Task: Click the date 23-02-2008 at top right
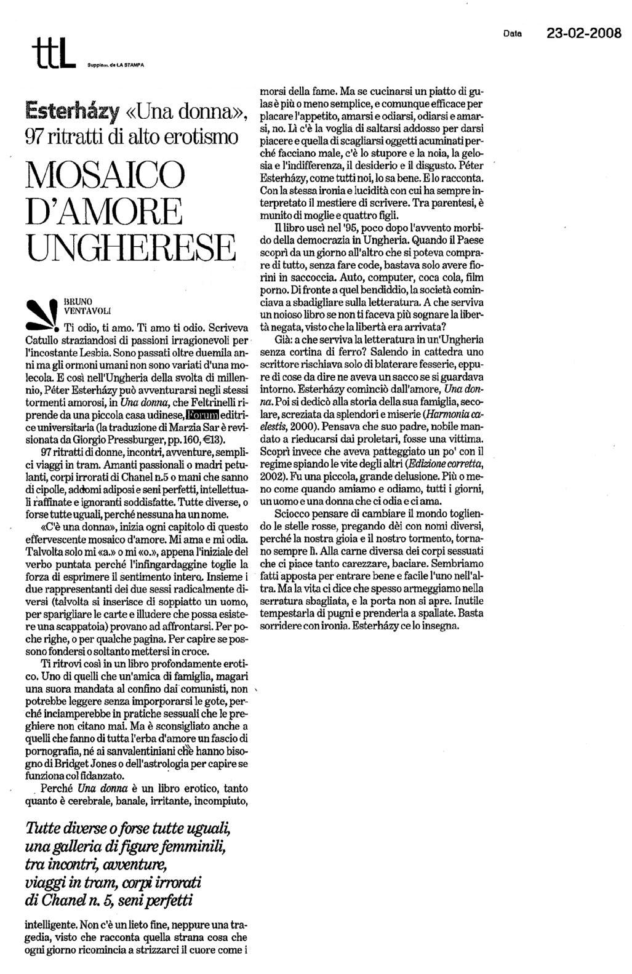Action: point(584,32)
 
